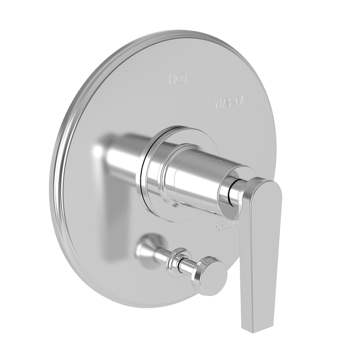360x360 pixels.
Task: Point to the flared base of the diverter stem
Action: click(148, 247)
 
